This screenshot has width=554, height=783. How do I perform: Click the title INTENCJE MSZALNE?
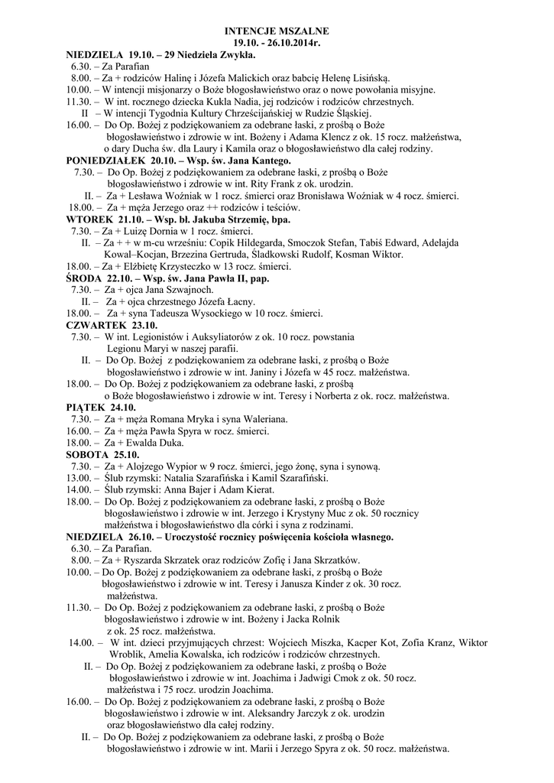point(277,31)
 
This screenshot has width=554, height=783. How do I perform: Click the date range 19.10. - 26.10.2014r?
point(277,43)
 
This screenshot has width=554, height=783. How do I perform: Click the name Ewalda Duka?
point(145,443)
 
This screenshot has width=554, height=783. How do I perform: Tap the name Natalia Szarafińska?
point(197,478)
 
